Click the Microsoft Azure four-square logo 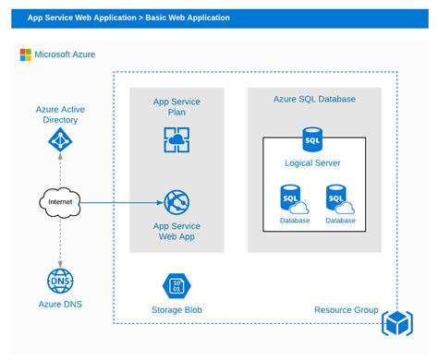coord(27,54)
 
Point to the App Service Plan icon coord(176,139)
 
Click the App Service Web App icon coord(176,202)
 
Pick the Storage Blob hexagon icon coord(176,285)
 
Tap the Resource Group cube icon coord(396,323)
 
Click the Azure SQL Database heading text coord(314,99)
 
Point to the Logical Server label coord(312,163)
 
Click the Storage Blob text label coord(176,310)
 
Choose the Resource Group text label coord(347,310)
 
